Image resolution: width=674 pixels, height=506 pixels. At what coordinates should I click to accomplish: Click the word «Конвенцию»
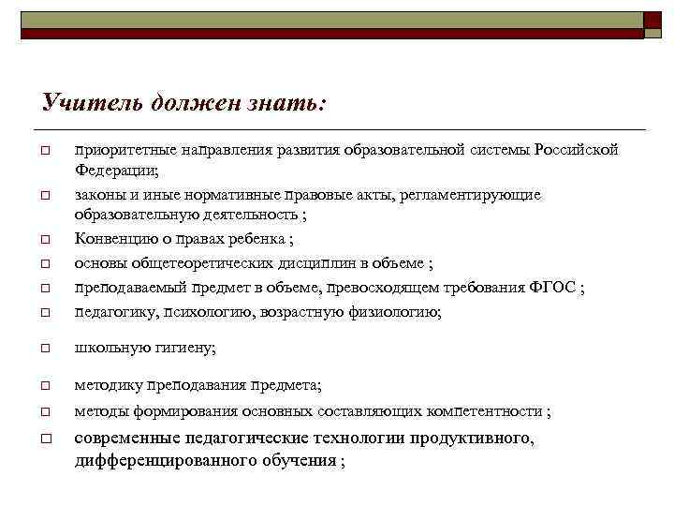pyautogui.click(x=116, y=239)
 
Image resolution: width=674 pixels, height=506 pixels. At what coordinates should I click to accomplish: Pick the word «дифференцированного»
pyautogui.click(x=158, y=460)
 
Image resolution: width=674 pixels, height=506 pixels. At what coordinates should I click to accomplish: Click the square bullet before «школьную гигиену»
pyautogui.click(x=44, y=349)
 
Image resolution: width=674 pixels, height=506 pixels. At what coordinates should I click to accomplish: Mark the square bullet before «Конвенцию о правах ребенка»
pyautogui.click(x=44, y=239)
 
